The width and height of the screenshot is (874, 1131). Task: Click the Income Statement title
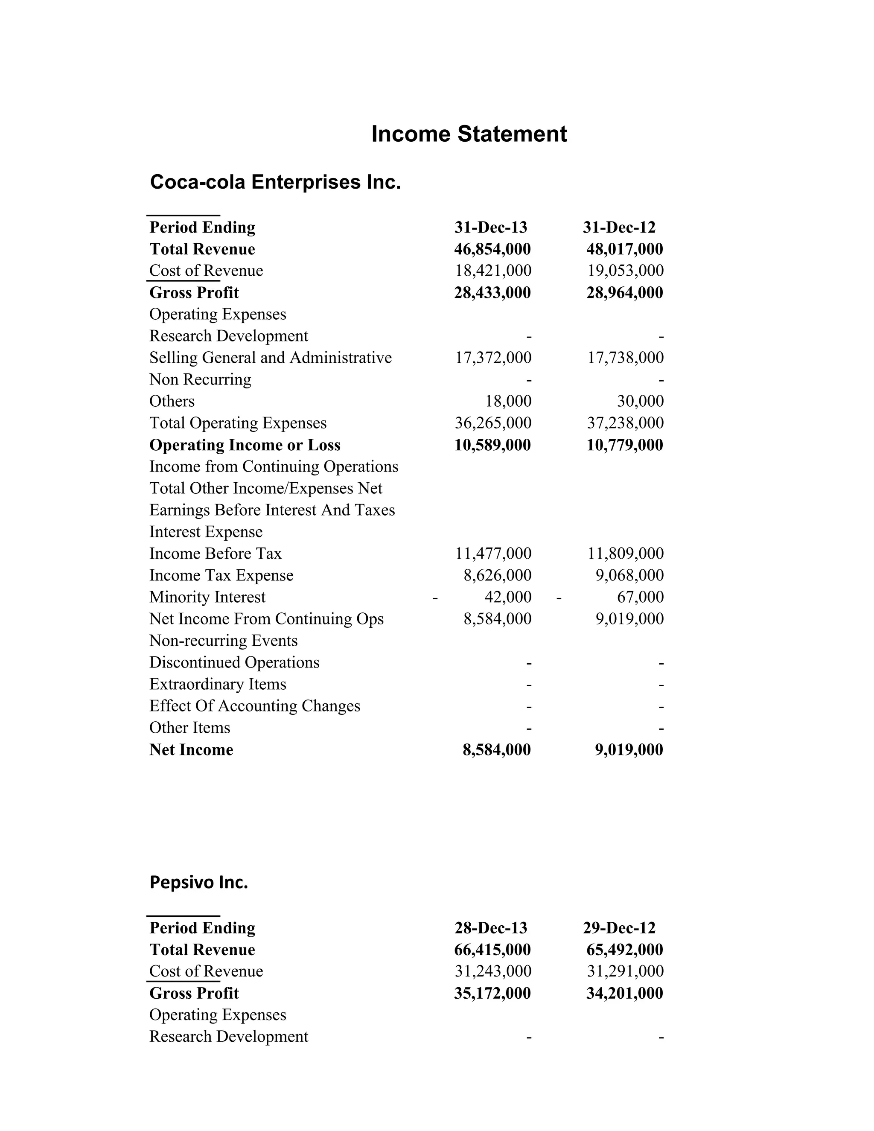pyautogui.click(x=469, y=134)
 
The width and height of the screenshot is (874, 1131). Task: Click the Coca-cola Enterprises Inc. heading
pyautogui.click(x=275, y=182)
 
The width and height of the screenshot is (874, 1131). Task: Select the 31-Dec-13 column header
pyautogui.click(x=490, y=227)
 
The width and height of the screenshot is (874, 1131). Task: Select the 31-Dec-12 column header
pyautogui.click(x=619, y=227)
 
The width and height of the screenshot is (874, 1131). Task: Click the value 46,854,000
pyautogui.click(x=492, y=249)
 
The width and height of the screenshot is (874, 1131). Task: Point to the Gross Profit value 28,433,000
pyautogui.click(x=492, y=293)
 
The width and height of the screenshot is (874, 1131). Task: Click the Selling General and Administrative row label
pyautogui.click(x=270, y=358)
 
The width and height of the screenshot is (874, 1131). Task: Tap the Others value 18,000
pyautogui.click(x=508, y=401)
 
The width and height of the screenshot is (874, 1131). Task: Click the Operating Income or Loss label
pyautogui.click(x=245, y=445)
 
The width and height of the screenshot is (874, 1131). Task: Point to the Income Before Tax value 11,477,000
pyautogui.click(x=493, y=554)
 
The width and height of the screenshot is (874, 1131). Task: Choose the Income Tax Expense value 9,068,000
pyautogui.click(x=629, y=575)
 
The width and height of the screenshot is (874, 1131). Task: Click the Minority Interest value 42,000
pyautogui.click(x=508, y=597)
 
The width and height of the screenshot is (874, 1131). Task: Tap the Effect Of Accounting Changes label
pyautogui.click(x=255, y=706)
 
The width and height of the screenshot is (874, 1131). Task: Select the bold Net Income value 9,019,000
pyautogui.click(x=629, y=749)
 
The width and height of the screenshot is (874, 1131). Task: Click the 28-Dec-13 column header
pyautogui.click(x=490, y=927)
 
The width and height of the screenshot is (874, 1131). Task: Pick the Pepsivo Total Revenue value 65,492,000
pyautogui.click(x=624, y=949)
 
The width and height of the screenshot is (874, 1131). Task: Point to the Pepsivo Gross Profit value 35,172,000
pyautogui.click(x=492, y=993)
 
